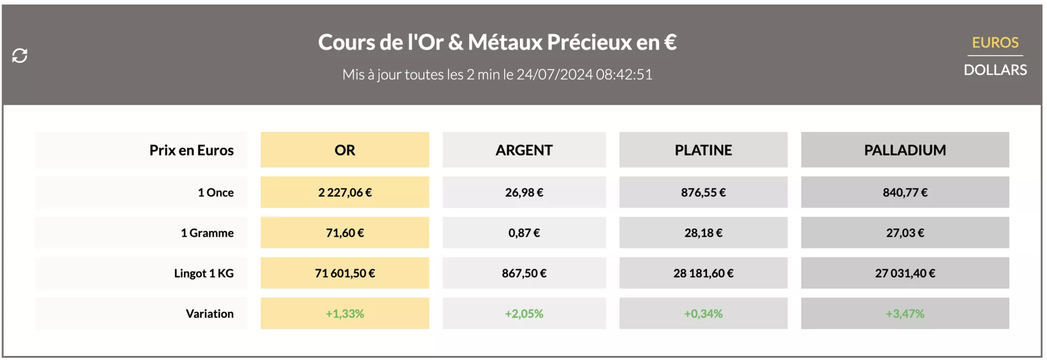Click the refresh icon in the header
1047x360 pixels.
(x=20, y=55)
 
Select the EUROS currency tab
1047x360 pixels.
(x=995, y=42)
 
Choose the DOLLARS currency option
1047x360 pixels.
(x=995, y=70)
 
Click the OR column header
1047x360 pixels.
(x=345, y=150)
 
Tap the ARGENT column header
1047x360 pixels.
(x=524, y=150)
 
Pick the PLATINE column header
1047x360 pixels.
(x=703, y=150)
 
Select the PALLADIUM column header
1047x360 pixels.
(x=904, y=150)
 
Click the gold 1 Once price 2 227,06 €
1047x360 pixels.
(x=345, y=192)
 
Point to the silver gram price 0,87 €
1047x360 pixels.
(x=524, y=233)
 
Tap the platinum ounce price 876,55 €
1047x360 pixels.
(x=703, y=192)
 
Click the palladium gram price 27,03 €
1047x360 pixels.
(x=904, y=233)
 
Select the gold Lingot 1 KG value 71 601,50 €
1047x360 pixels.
(x=345, y=273)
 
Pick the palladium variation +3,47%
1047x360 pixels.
(x=904, y=313)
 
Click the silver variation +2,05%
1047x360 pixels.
(x=524, y=313)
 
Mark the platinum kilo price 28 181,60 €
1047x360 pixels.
(x=703, y=273)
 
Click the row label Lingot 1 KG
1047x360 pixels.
(x=203, y=273)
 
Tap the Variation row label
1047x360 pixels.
(x=209, y=313)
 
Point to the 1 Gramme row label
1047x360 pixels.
(x=207, y=233)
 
